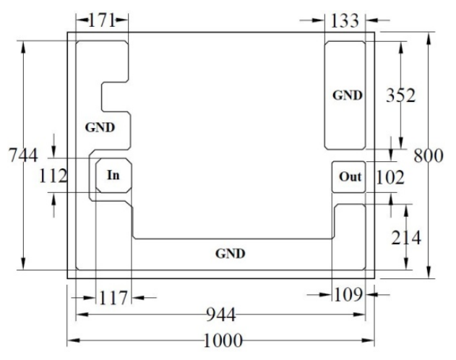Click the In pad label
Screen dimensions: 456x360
[113, 176]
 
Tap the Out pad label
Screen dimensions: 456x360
[350, 176]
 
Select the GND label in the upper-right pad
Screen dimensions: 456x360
[347, 95]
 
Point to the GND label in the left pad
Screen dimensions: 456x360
[100, 127]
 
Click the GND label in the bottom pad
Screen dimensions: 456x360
[230, 254]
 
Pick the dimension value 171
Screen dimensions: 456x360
[102, 20]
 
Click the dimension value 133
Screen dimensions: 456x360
[345, 21]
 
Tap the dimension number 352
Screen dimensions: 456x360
[400, 95]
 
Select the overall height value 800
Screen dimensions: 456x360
[429, 155]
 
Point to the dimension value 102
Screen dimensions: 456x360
[390, 177]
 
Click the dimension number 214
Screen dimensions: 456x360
[406, 238]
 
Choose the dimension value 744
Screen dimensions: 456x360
[24, 155]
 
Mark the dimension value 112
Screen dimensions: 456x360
[53, 176]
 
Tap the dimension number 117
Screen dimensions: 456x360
[113, 298]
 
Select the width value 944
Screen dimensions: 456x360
[220, 314]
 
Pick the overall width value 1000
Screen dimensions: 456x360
[223, 340]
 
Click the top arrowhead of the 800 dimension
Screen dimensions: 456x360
[429, 38]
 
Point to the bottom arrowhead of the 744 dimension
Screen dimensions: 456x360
[24, 263]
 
